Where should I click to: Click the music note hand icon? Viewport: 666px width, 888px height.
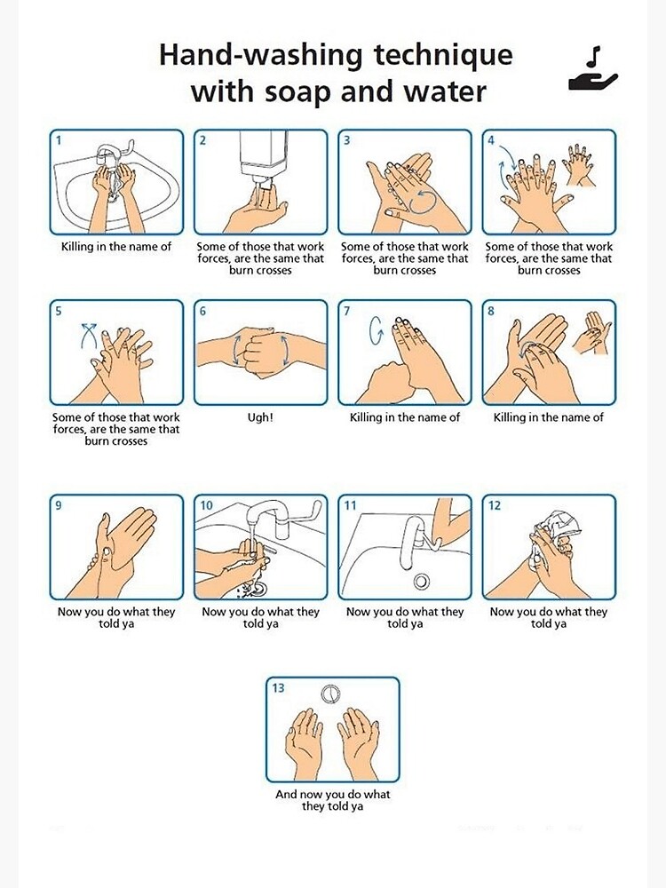pos(593,69)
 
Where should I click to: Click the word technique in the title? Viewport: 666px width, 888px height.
pos(443,56)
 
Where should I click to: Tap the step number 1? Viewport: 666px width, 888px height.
pos(59,140)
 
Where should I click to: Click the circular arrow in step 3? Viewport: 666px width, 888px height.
pos(422,202)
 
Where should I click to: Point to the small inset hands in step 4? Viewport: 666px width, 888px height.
pos(579,164)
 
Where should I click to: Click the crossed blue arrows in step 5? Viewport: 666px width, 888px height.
pos(89,334)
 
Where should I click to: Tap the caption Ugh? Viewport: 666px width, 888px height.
pos(260,417)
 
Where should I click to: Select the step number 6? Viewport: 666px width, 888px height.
pos(202,311)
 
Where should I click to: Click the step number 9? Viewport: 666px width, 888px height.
pos(59,505)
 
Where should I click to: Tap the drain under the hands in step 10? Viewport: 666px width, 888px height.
pos(258,590)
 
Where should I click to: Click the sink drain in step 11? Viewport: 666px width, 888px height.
pos(421,581)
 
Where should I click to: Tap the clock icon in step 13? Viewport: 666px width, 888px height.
pos(331,694)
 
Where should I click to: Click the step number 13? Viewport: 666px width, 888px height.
pos(278,687)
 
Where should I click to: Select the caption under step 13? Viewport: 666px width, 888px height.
pos(332,800)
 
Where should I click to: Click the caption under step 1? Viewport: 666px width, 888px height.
pos(116,246)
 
